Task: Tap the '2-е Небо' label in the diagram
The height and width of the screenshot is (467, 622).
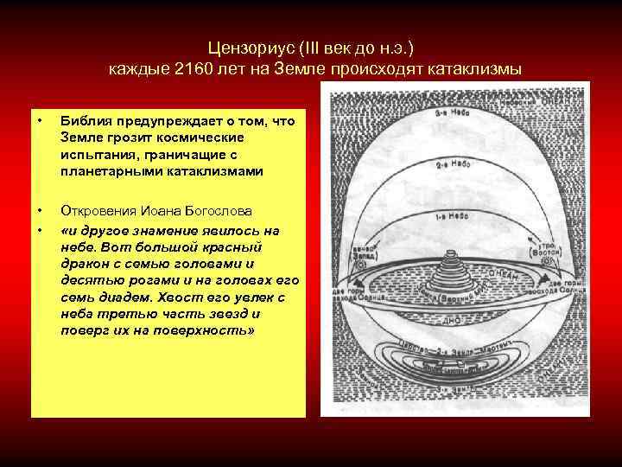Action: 452,163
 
